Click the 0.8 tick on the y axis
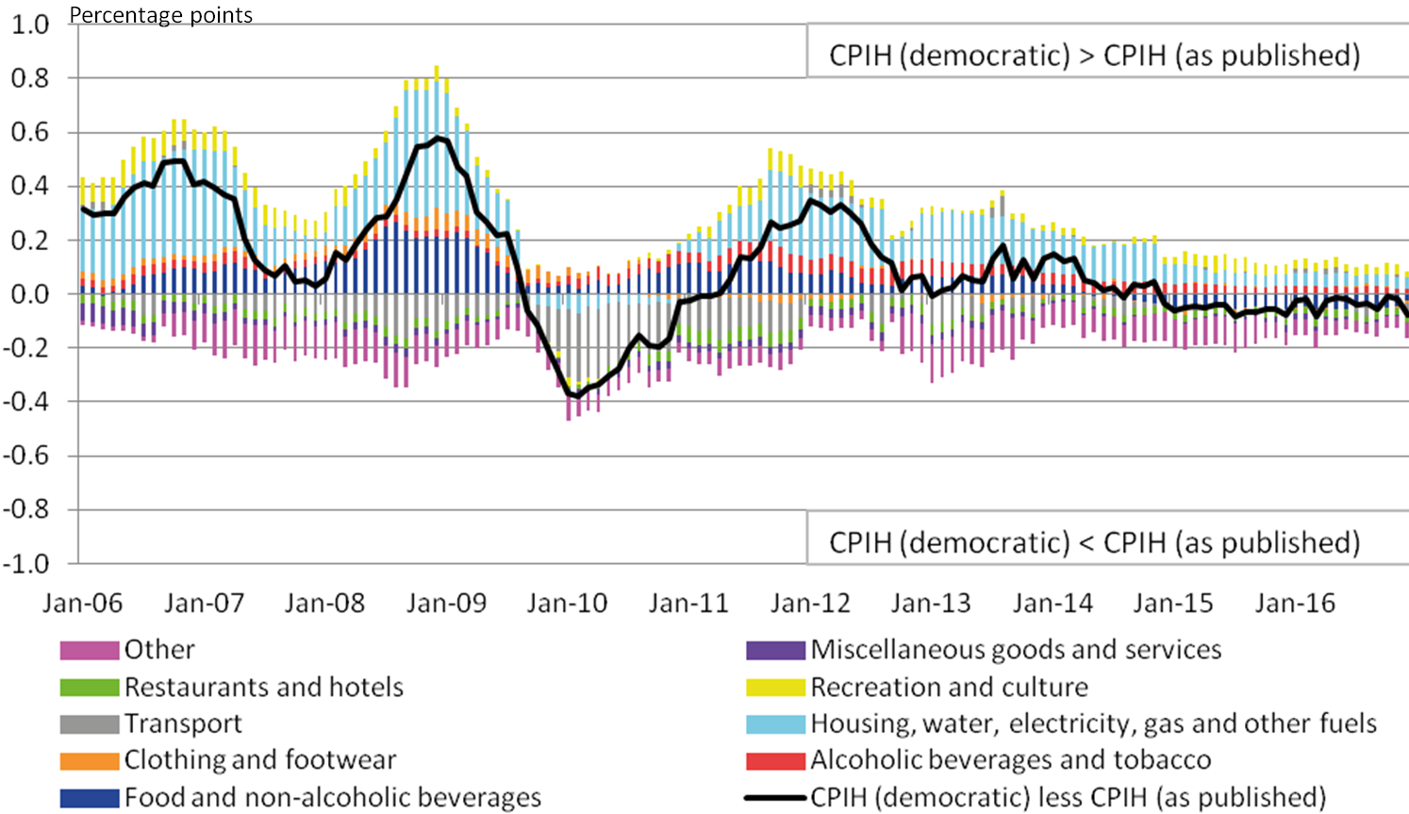pos(29,78)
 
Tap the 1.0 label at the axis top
pos(29,25)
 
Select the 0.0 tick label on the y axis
pos(29,294)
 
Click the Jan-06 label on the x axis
pos(82,604)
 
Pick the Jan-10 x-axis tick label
pos(567,604)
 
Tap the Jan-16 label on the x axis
pos(1295,604)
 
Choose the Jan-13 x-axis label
pos(931,604)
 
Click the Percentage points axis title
pos(161,15)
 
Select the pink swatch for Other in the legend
pos(90,650)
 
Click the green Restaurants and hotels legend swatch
pos(90,688)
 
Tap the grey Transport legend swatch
pos(90,724)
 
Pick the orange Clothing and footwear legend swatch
pos(90,760)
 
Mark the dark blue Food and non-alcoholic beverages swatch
pos(90,798)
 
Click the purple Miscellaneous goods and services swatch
pos(775,650)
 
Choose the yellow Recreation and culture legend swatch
pos(775,688)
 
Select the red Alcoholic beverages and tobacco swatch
pos(775,760)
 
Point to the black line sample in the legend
pos(775,798)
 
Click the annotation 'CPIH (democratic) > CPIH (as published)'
pos(1094,56)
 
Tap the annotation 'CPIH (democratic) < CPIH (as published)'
pos(1094,543)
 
